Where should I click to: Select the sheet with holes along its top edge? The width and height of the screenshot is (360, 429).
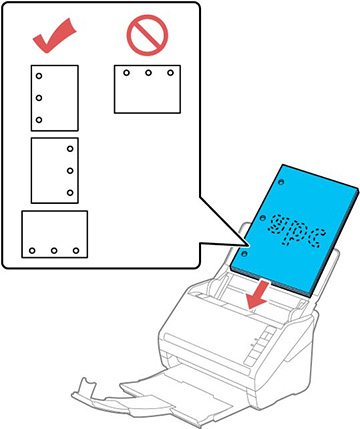pos(147,89)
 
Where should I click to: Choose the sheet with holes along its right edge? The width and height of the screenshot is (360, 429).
pos(54,170)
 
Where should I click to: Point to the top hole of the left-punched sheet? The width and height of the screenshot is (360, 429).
pos(38,76)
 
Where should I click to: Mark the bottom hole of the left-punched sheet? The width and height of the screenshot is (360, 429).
pos(38,119)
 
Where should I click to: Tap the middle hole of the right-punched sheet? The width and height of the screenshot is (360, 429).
pos(70,170)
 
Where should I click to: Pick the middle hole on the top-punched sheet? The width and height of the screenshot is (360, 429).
pos(147,74)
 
